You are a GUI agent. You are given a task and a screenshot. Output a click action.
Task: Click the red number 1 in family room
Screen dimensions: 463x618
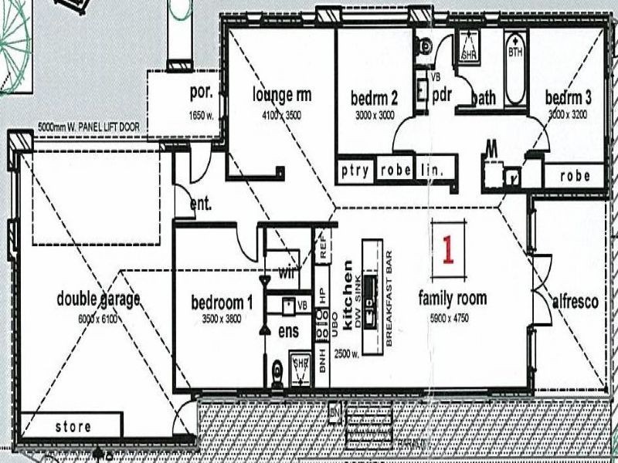coord(447,248)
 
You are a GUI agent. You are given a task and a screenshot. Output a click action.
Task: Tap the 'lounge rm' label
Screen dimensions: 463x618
coord(282,96)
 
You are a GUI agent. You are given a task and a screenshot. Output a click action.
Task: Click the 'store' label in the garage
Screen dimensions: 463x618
coord(73,426)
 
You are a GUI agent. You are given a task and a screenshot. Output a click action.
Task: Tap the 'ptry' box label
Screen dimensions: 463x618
coord(355,171)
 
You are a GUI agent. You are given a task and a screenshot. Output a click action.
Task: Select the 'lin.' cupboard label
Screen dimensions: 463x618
coord(432,171)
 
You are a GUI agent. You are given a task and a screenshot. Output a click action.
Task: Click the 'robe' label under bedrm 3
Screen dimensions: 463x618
coord(575,176)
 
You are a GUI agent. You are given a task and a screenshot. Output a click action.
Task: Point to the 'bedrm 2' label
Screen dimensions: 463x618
coord(374,98)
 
